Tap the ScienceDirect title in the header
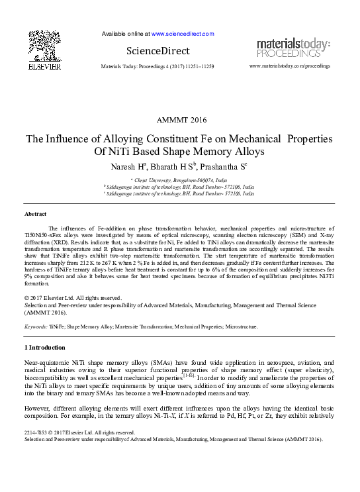pos(157,51)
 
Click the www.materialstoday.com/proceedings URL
pos(289,66)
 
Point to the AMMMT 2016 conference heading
pos(181,120)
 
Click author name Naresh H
pos(128,166)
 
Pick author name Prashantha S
pos(225,166)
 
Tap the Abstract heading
pos(35,215)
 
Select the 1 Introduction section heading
pos(44,348)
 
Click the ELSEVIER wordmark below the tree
pos(44,67)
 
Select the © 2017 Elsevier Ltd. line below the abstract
pos(72,298)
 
